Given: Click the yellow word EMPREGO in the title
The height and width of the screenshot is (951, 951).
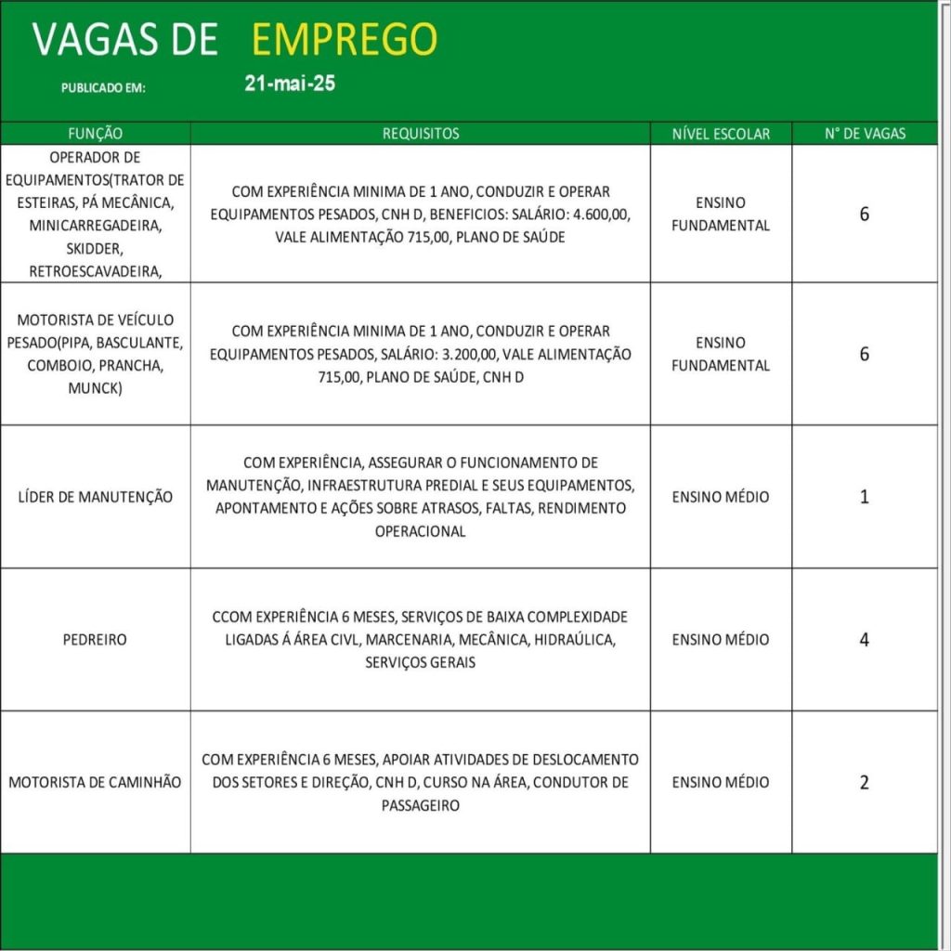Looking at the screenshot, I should point(344,39).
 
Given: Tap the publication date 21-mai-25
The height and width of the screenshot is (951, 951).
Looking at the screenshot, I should point(290,84).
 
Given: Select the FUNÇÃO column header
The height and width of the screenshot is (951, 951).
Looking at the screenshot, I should point(96,134).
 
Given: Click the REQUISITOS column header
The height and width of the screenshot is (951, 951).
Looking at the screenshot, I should point(421,134).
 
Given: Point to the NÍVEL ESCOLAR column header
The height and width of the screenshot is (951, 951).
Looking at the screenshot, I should point(721,134).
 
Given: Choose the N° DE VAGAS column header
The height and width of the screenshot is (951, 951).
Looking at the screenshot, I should point(865,134).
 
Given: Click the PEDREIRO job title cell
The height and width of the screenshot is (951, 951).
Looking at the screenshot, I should point(96,640).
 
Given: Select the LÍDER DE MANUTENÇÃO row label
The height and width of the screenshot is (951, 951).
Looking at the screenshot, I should point(96,497).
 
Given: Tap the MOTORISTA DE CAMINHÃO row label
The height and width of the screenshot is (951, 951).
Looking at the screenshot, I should point(96,782).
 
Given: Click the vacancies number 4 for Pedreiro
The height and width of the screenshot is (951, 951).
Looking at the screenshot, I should point(865,640).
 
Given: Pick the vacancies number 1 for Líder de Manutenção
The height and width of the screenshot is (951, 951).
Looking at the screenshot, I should point(865,497).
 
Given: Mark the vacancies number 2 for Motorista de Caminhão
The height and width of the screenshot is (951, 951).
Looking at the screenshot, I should point(865,782).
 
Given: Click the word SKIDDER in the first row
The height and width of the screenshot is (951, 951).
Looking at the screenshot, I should point(96,250).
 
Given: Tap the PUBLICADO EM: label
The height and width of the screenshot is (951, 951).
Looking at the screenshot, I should point(104,88).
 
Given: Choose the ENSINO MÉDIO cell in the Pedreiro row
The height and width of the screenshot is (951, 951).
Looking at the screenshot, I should point(721,640).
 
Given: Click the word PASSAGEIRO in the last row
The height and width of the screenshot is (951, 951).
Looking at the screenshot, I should point(421,805).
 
